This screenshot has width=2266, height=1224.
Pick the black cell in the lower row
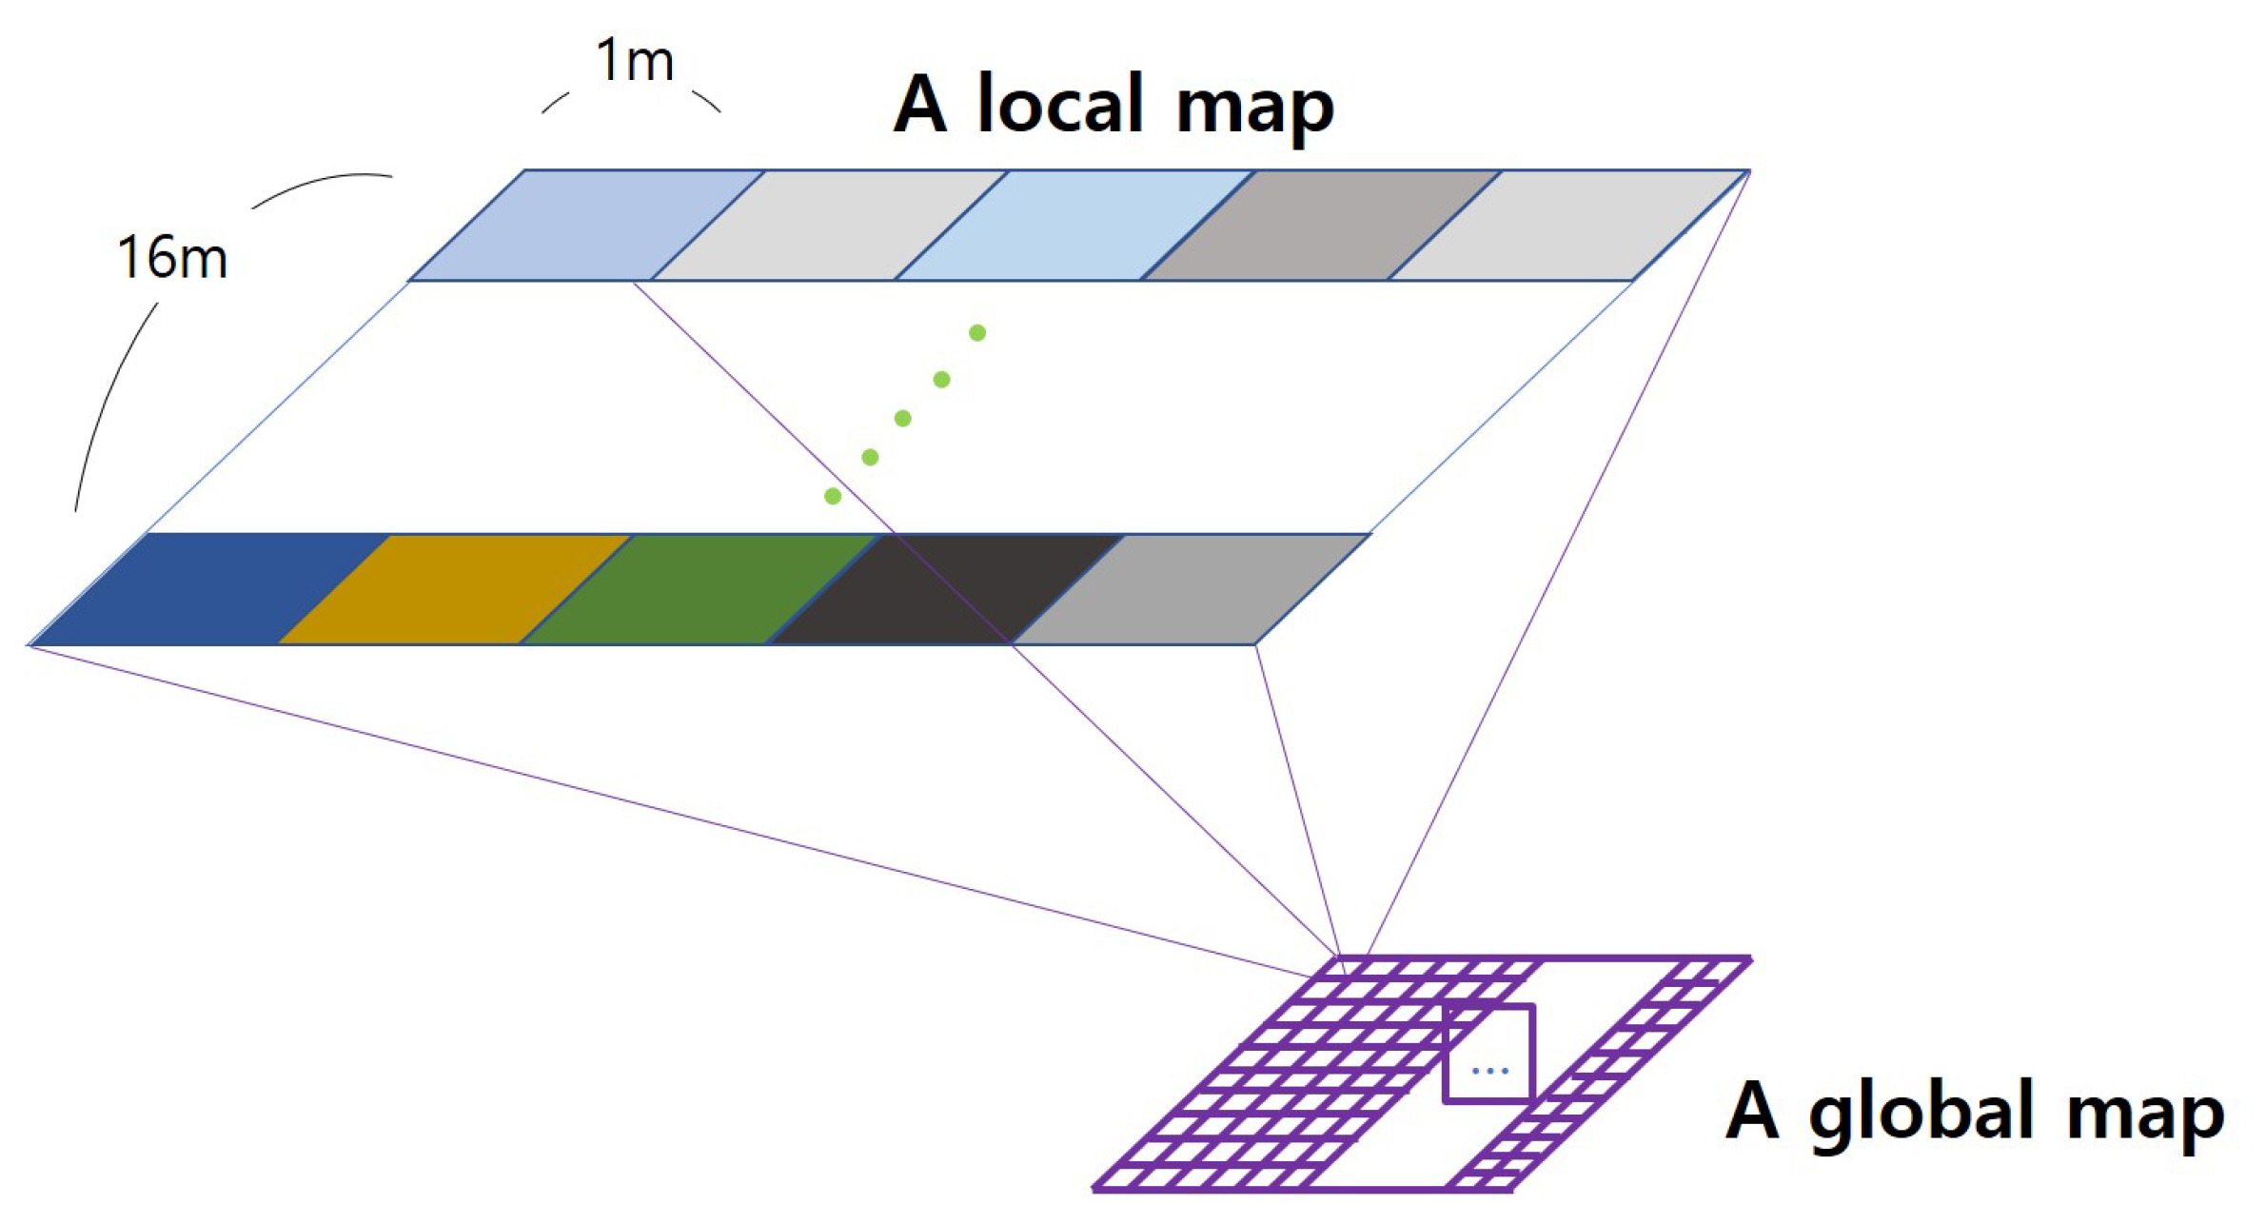pos(942,589)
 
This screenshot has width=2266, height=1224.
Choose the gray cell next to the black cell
pos(1190,589)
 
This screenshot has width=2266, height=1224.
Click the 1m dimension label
pos(634,61)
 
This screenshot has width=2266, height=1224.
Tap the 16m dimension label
pos(172,258)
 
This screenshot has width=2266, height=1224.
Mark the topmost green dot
pos(976,332)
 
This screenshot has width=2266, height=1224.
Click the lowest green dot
pos(832,495)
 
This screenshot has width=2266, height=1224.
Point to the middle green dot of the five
pos(902,418)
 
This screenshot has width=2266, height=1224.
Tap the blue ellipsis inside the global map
pos(1488,1071)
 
